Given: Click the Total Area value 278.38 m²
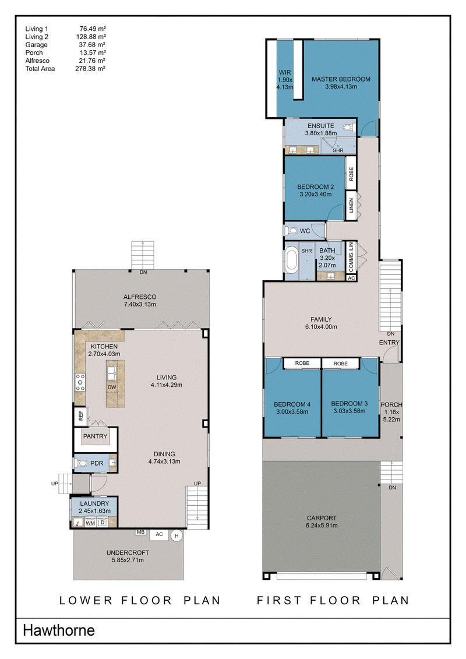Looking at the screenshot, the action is [x=90, y=69].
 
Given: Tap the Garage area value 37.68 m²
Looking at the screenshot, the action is [x=92, y=44].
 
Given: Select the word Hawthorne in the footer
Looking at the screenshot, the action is [x=59, y=630].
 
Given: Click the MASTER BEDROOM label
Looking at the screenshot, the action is [x=341, y=79].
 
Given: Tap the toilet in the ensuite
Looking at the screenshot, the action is [x=348, y=128].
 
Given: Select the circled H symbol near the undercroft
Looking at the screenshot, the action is [x=177, y=536].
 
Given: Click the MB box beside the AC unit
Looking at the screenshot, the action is [x=140, y=532].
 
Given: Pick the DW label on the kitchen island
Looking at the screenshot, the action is [x=112, y=387].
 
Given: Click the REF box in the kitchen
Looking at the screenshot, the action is [x=80, y=417].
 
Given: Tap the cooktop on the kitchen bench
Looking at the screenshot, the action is [x=80, y=382].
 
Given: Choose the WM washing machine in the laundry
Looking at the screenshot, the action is [x=90, y=523].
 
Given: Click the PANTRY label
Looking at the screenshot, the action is [x=95, y=436].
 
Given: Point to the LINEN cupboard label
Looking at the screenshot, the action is [x=351, y=206].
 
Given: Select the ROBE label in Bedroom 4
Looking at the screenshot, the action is [x=302, y=363].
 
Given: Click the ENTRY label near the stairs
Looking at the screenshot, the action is [x=389, y=343].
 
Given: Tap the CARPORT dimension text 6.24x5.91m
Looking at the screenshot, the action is [x=322, y=526].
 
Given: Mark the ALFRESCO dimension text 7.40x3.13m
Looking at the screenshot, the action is [x=140, y=304].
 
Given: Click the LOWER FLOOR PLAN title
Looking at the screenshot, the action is [x=140, y=601].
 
